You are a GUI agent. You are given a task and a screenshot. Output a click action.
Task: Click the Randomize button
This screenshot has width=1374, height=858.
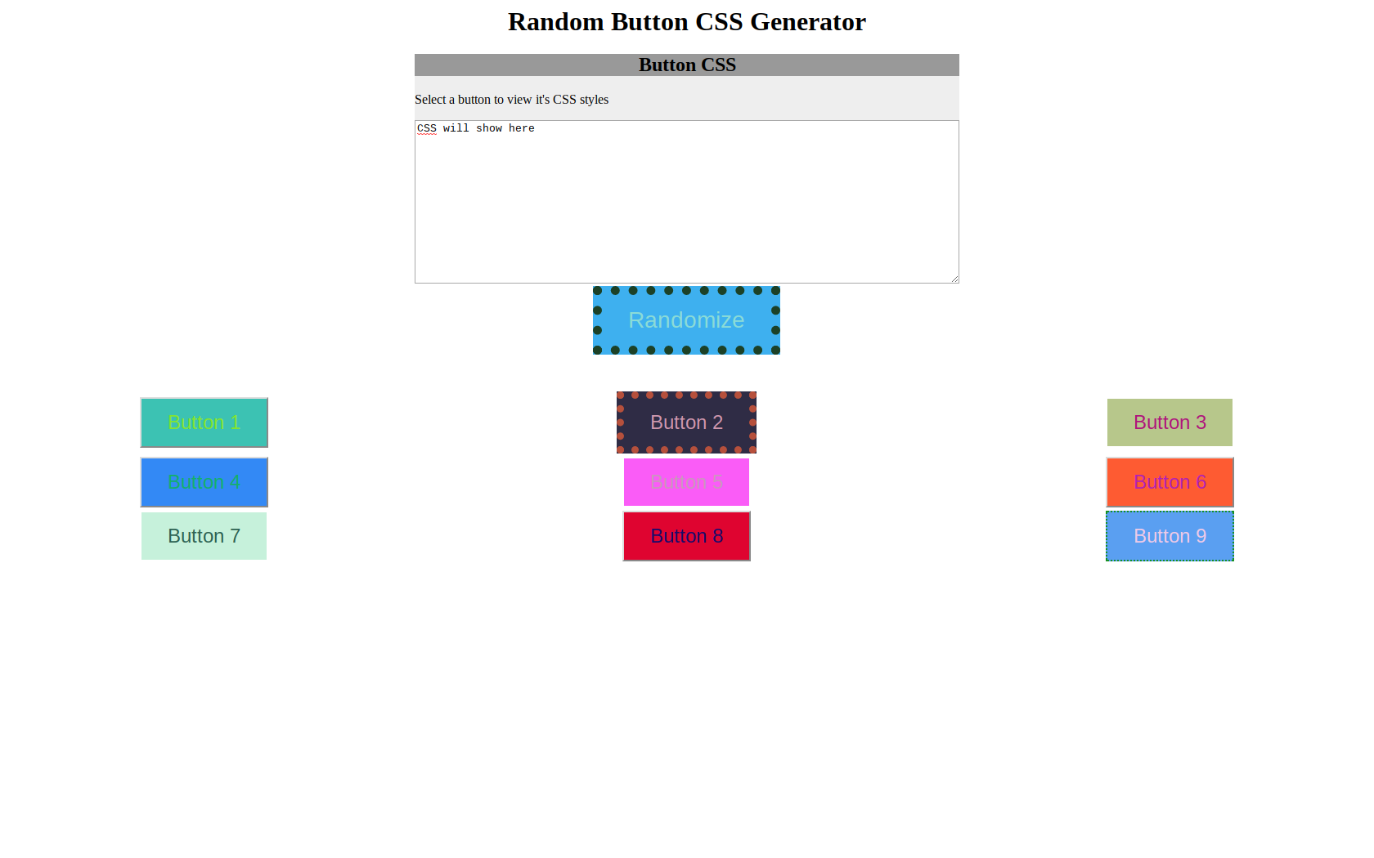686,320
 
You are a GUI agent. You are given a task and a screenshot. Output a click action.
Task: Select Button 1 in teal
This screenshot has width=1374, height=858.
204,422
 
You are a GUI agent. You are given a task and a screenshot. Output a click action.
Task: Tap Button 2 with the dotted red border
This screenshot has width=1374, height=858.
686,422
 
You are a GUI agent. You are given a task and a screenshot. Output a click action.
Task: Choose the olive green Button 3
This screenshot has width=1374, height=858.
1170,422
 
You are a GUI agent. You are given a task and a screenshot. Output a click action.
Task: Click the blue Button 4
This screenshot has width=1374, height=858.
204,482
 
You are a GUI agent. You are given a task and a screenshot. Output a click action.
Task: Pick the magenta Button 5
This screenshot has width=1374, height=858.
686,482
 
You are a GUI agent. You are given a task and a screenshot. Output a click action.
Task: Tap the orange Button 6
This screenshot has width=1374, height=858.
1170,482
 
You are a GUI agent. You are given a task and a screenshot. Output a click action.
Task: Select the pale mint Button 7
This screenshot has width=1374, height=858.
204,536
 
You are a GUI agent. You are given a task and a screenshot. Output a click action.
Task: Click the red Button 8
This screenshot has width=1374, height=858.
686,536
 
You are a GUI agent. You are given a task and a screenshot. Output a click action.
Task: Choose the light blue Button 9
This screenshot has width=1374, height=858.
1170,536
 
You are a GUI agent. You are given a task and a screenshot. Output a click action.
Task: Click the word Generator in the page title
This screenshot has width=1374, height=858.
807,22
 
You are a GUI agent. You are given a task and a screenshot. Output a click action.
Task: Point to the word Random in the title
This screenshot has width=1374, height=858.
556,22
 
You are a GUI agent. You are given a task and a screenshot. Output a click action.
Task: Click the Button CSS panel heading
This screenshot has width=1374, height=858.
687,65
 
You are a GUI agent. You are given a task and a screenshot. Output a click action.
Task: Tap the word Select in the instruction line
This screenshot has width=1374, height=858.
429,100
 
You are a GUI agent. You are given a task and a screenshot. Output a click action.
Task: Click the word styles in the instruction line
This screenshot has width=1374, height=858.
594,100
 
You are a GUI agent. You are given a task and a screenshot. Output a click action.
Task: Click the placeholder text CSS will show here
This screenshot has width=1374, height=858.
476,128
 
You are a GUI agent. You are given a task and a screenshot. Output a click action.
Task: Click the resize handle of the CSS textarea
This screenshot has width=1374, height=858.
954,279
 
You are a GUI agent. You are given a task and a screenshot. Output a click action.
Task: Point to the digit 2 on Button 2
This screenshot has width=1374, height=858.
717,422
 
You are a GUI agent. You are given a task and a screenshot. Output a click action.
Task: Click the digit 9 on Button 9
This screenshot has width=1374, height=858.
1201,536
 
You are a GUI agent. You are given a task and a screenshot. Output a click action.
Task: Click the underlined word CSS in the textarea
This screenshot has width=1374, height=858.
427,128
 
